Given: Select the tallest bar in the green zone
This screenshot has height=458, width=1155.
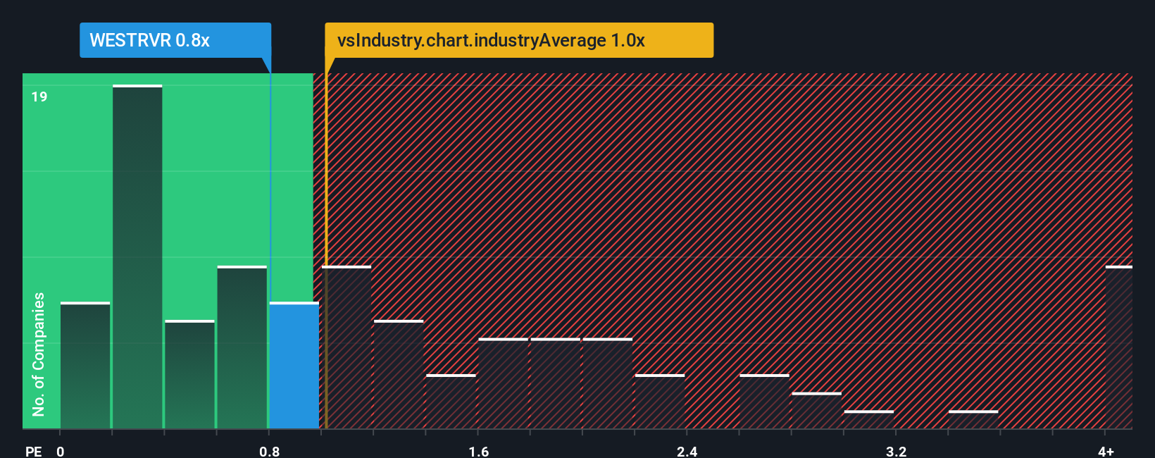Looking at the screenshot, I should coord(137,257).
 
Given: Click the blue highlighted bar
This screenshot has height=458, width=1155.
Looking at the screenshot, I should coord(294,366).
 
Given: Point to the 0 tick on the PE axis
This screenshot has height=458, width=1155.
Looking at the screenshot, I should coord(61,451).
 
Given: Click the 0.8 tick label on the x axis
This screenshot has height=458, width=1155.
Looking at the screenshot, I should coord(270,451).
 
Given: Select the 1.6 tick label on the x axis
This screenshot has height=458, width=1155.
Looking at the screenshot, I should coord(479,451).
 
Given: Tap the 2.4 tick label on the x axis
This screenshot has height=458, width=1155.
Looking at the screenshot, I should coord(687,451).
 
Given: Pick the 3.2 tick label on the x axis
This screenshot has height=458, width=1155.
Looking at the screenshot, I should coord(896,451).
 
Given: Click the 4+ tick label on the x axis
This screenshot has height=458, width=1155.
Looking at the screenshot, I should coord(1106,451).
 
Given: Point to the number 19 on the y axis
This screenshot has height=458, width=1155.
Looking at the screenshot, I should coord(39,97).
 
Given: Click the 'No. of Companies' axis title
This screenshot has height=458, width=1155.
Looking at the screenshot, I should coord(39,354).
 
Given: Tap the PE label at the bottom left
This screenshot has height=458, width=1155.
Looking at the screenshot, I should coord(33,451).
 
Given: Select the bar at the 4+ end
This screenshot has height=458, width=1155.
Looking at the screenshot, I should coord(1118,347).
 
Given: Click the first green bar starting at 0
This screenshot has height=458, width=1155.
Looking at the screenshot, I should coord(85,366).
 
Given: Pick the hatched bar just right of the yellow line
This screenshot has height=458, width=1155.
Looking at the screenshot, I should coord(347,347).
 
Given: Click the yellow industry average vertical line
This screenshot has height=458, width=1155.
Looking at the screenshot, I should coord(326,247).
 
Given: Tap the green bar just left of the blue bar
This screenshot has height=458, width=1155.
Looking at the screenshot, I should coord(242,347).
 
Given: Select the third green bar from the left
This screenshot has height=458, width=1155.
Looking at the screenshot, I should coord(190,375).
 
